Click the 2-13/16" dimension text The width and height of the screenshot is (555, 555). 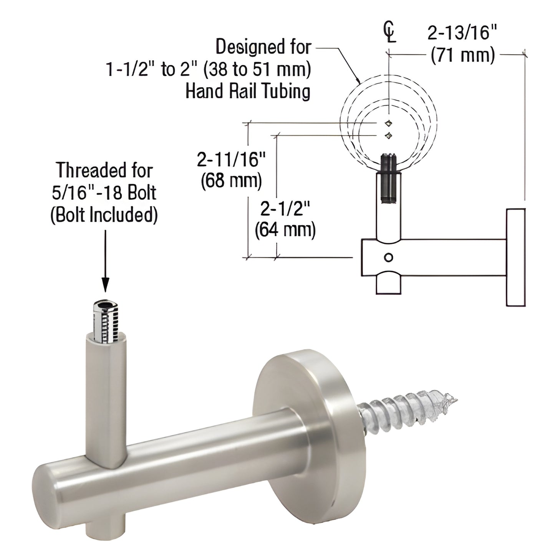(x=462, y=34)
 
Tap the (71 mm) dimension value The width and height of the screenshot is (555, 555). (x=462, y=56)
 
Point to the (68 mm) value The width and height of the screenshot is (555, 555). (x=231, y=181)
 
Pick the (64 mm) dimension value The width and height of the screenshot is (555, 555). (x=285, y=230)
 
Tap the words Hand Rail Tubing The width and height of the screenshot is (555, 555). (x=248, y=91)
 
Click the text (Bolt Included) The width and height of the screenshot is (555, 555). (x=104, y=215)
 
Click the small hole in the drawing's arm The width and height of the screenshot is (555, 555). (x=389, y=257)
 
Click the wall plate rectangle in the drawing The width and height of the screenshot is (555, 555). (x=515, y=257)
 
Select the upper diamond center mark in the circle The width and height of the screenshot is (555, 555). (x=389, y=123)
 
